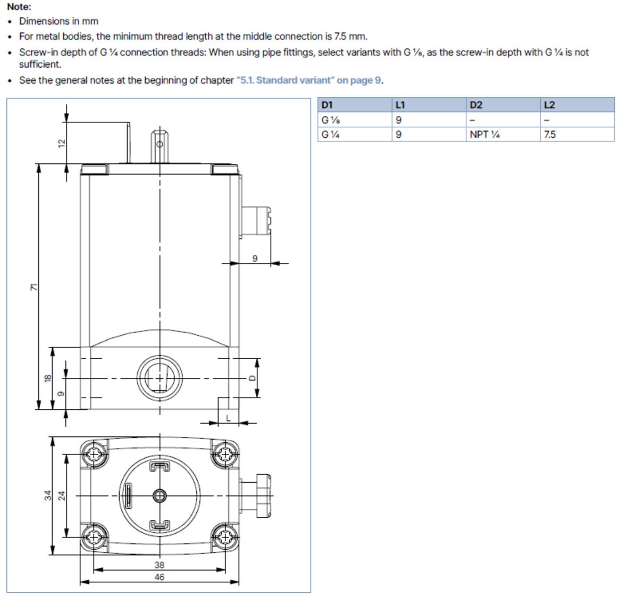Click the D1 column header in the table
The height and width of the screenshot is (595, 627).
(x=327, y=105)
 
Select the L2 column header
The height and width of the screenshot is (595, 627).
(x=549, y=105)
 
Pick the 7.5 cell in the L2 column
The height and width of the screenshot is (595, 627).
(x=550, y=135)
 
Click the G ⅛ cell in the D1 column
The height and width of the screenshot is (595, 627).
(x=330, y=120)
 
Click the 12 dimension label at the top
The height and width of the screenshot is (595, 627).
(x=62, y=143)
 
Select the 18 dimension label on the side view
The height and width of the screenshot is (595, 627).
(x=48, y=378)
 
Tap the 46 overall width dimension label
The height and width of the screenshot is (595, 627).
(x=159, y=577)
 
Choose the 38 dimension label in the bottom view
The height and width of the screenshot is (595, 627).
(x=159, y=565)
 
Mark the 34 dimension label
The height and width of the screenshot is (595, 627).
(x=48, y=495)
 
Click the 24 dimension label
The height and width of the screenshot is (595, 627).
(x=62, y=495)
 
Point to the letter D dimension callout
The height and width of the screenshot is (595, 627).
(x=252, y=378)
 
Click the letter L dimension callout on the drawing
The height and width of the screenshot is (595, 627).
(x=228, y=418)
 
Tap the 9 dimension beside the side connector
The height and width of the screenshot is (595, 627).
(x=255, y=258)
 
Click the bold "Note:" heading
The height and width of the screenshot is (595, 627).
(x=19, y=7)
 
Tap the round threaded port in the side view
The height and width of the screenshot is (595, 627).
(x=160, y=378)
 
